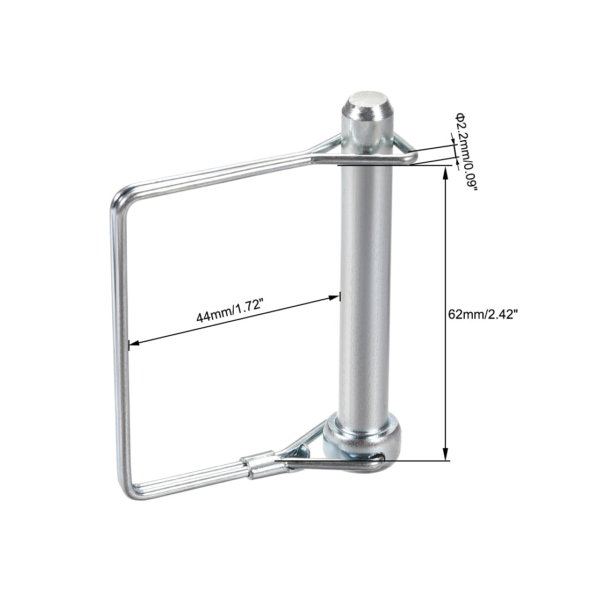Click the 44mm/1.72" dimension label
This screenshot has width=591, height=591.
coord(228,311)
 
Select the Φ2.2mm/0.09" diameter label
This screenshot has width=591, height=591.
coord(466,151)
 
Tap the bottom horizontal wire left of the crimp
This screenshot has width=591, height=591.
coord(188,483)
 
